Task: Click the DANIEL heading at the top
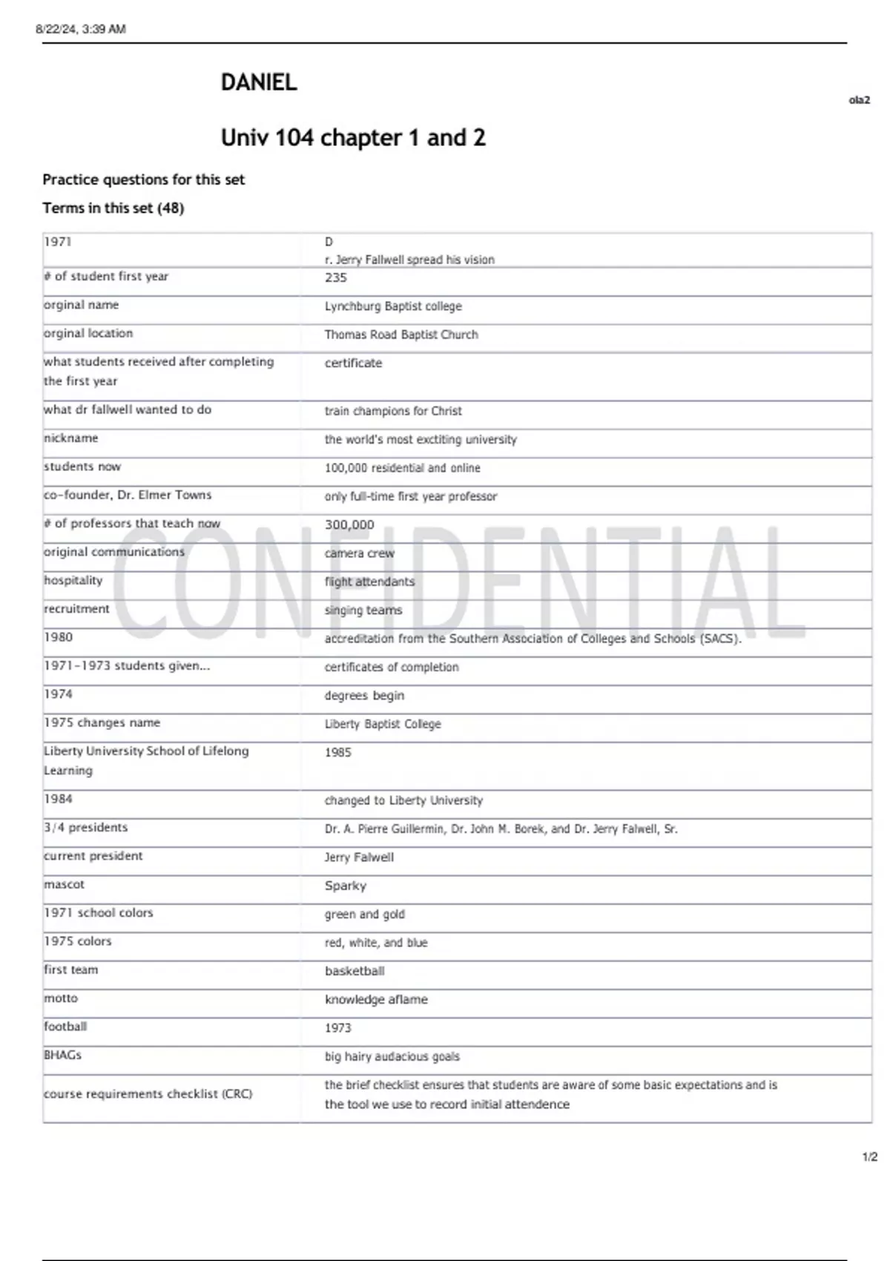pyautogui.click(x=259, y=82)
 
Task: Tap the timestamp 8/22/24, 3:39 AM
pyautogui.click(x=81, y=29)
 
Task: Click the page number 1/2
pyautogui.click(x=869, y=1156)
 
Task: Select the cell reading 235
pyautogui.click(x=336, y=277)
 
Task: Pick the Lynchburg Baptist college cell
pyautogui.click(x=393, y=306)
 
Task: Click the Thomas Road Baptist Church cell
pyautogui.click(x=401, y=335)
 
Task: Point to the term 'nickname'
pyautogui.click(x=71, y=438)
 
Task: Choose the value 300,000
pyautogui.click(x=349, y=524)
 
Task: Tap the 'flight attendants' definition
pyautogui.click(x=369, y=582)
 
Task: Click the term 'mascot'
pyautogui.click(x=65, y=884)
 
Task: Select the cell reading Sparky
pyautogui.click(x=346, y=886)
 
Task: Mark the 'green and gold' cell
pyautogui.click(x=365, y=914)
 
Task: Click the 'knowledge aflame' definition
pyautogui.click(x=376, y=999)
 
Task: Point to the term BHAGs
pyautogui.click(x=63, y=1055)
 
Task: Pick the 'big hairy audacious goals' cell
pyautogui.click(x=392, y=1056)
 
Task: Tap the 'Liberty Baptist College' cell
pyautogui.click(x=383, y=724)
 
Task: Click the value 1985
pyautogui.click(x=338, y=752)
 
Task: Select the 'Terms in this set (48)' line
pyautogui.click(x=113, y=208)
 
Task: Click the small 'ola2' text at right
pyautogui.click(x=859, y=100)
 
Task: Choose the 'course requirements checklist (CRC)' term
pyautogui.click(x=148, y=1094)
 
